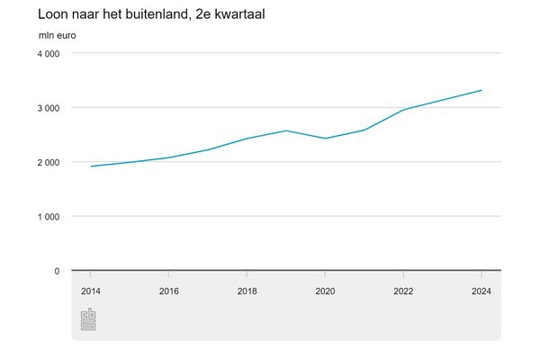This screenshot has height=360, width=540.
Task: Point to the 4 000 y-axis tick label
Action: tap(48, 54)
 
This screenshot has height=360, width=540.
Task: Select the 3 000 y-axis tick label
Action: tap(48, 108)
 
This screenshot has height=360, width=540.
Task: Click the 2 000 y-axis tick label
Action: tap(48, 162)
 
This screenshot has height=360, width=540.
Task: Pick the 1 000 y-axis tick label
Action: tap(48, 216)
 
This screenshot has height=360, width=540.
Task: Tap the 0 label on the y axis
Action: tap(57, 270)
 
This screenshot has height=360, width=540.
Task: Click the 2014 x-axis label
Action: tap(90, 291)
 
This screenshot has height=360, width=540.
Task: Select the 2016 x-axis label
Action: tap(168, 291)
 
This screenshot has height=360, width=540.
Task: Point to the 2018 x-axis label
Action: tap(247, 291)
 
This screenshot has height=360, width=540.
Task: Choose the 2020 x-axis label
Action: tap(325, 291)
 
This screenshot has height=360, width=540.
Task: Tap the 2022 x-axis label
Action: tap(403, 291)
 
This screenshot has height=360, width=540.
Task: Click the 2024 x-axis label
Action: tap(481, 291)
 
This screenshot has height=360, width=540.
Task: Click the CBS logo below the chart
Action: tap(88, 319)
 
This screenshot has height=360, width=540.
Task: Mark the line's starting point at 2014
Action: tap(90, 166)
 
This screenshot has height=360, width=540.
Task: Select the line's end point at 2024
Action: tap(481, 90)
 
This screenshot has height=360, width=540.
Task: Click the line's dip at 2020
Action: tap(325, 139)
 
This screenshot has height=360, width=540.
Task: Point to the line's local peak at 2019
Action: tap(286, 130)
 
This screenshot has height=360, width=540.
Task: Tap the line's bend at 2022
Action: tap(403, 110)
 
